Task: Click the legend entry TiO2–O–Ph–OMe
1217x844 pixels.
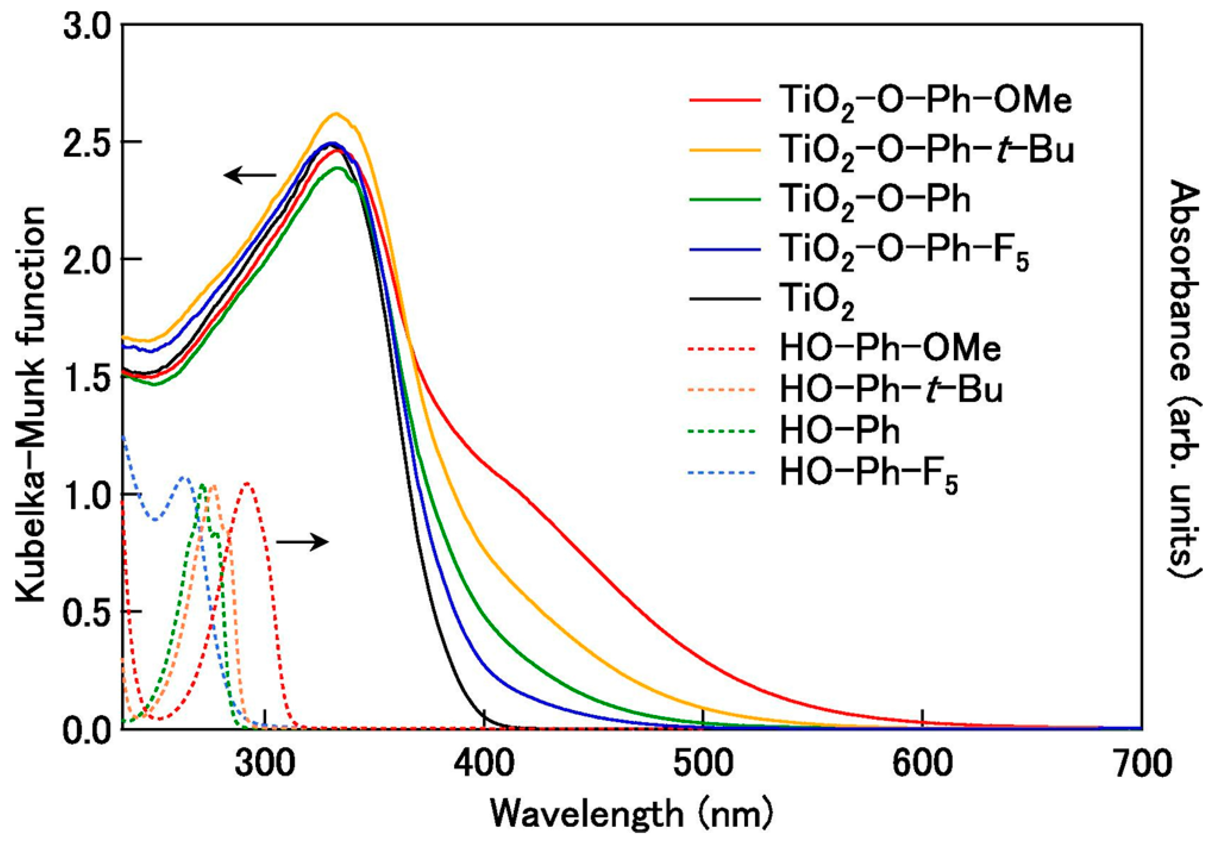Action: (x=925, y=102)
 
